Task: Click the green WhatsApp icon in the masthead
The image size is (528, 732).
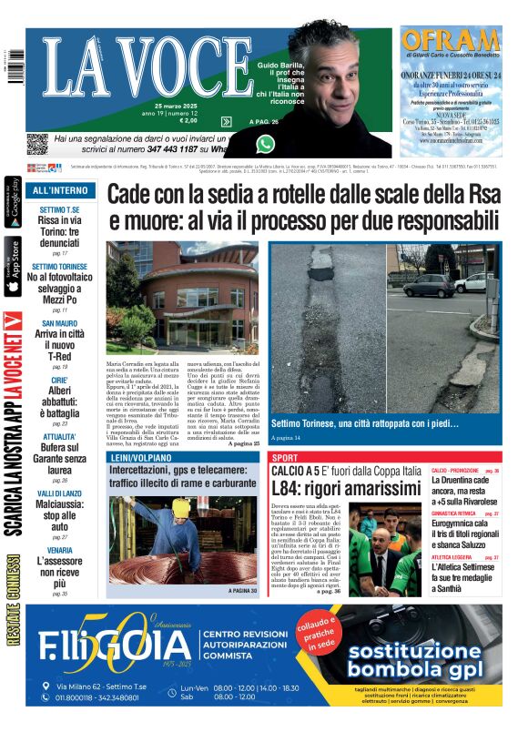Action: pos(265,143)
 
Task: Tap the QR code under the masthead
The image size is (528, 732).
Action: pos(36,144)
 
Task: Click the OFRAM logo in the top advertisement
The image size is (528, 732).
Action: pos(452,40)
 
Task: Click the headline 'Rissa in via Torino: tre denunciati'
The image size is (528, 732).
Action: pos(60,232)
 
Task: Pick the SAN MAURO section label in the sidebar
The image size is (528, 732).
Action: pos(60,323)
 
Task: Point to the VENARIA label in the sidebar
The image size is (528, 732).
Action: pos(60,550)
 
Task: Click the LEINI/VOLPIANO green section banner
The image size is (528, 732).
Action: pos(140,456)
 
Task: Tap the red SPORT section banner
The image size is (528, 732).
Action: pos(285,457)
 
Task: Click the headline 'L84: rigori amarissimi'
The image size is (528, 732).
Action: pos(346,490)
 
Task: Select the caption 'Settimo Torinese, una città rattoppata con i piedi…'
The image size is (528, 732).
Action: pos(365,423)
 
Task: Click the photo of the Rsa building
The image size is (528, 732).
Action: pos(182,298)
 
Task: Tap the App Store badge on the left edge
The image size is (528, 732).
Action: pos(13,267)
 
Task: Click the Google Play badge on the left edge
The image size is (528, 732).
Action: pos(13,202)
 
